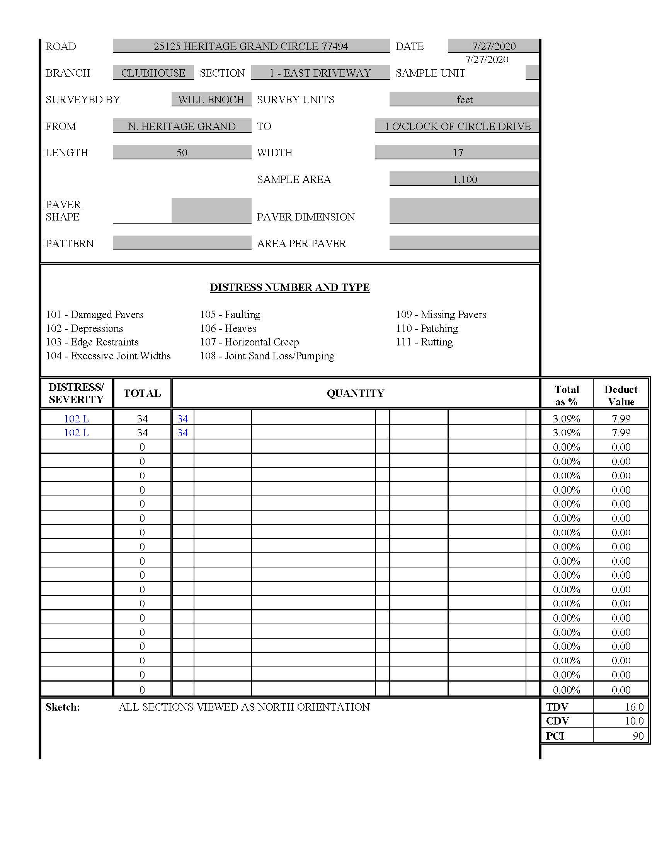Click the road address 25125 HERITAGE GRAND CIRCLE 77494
251,46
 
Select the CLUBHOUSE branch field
153,73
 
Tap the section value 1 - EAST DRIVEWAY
320,73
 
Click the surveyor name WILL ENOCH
211,100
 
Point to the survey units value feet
464,100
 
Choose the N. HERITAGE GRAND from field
182,126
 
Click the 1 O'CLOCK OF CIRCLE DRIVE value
457,126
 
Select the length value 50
182,153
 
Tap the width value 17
458,153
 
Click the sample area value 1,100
465,179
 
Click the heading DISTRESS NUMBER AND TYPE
289,287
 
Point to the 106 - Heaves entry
228,328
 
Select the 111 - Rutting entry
424,342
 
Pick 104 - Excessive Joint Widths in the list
108,356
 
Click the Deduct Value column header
621,395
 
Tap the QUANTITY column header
355,393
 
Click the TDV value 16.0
634,707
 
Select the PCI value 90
638,736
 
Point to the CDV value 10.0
634,721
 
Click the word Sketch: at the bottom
63,707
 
